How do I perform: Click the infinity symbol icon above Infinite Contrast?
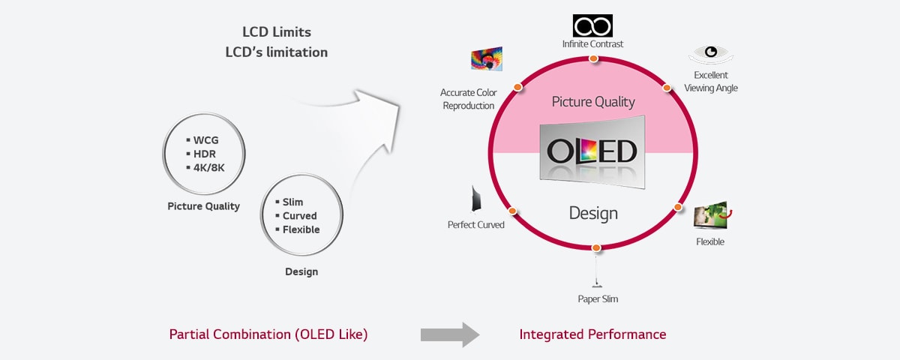pos(592,25)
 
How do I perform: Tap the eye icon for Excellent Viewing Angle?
pos(709,52)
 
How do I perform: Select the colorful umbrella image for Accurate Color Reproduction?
pos(486,59)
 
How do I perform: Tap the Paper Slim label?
pos(598,298)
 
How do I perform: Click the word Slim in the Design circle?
pos(292,202)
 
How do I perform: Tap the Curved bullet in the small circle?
pos(299,216)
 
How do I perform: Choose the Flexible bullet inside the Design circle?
pos(301,229)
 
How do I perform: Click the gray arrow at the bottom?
pos(449,334)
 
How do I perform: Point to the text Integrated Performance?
pos(592,334)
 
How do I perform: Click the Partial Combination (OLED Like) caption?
pos(268,334)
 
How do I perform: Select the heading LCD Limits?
pos(276,32)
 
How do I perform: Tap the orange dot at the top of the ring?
pos(593,58)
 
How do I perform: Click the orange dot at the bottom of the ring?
pos(595,247)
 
